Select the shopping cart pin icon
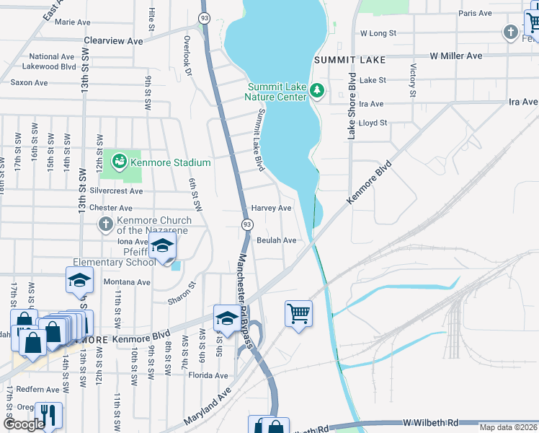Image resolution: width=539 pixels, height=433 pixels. pos(298,314)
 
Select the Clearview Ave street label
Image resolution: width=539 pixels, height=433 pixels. pos(114,41)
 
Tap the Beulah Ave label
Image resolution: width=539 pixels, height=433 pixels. pos(277,240)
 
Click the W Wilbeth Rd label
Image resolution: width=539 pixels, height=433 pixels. pos(432,421)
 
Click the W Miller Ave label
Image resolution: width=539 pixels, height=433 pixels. pos(455,56)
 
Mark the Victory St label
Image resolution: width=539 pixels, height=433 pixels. pos(413,80)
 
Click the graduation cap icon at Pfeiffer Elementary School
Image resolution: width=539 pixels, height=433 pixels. pos(162,246)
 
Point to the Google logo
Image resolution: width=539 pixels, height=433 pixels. pos(24,424)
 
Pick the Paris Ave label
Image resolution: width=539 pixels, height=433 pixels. pos(475,13)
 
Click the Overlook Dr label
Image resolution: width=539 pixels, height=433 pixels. pos(187,56)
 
